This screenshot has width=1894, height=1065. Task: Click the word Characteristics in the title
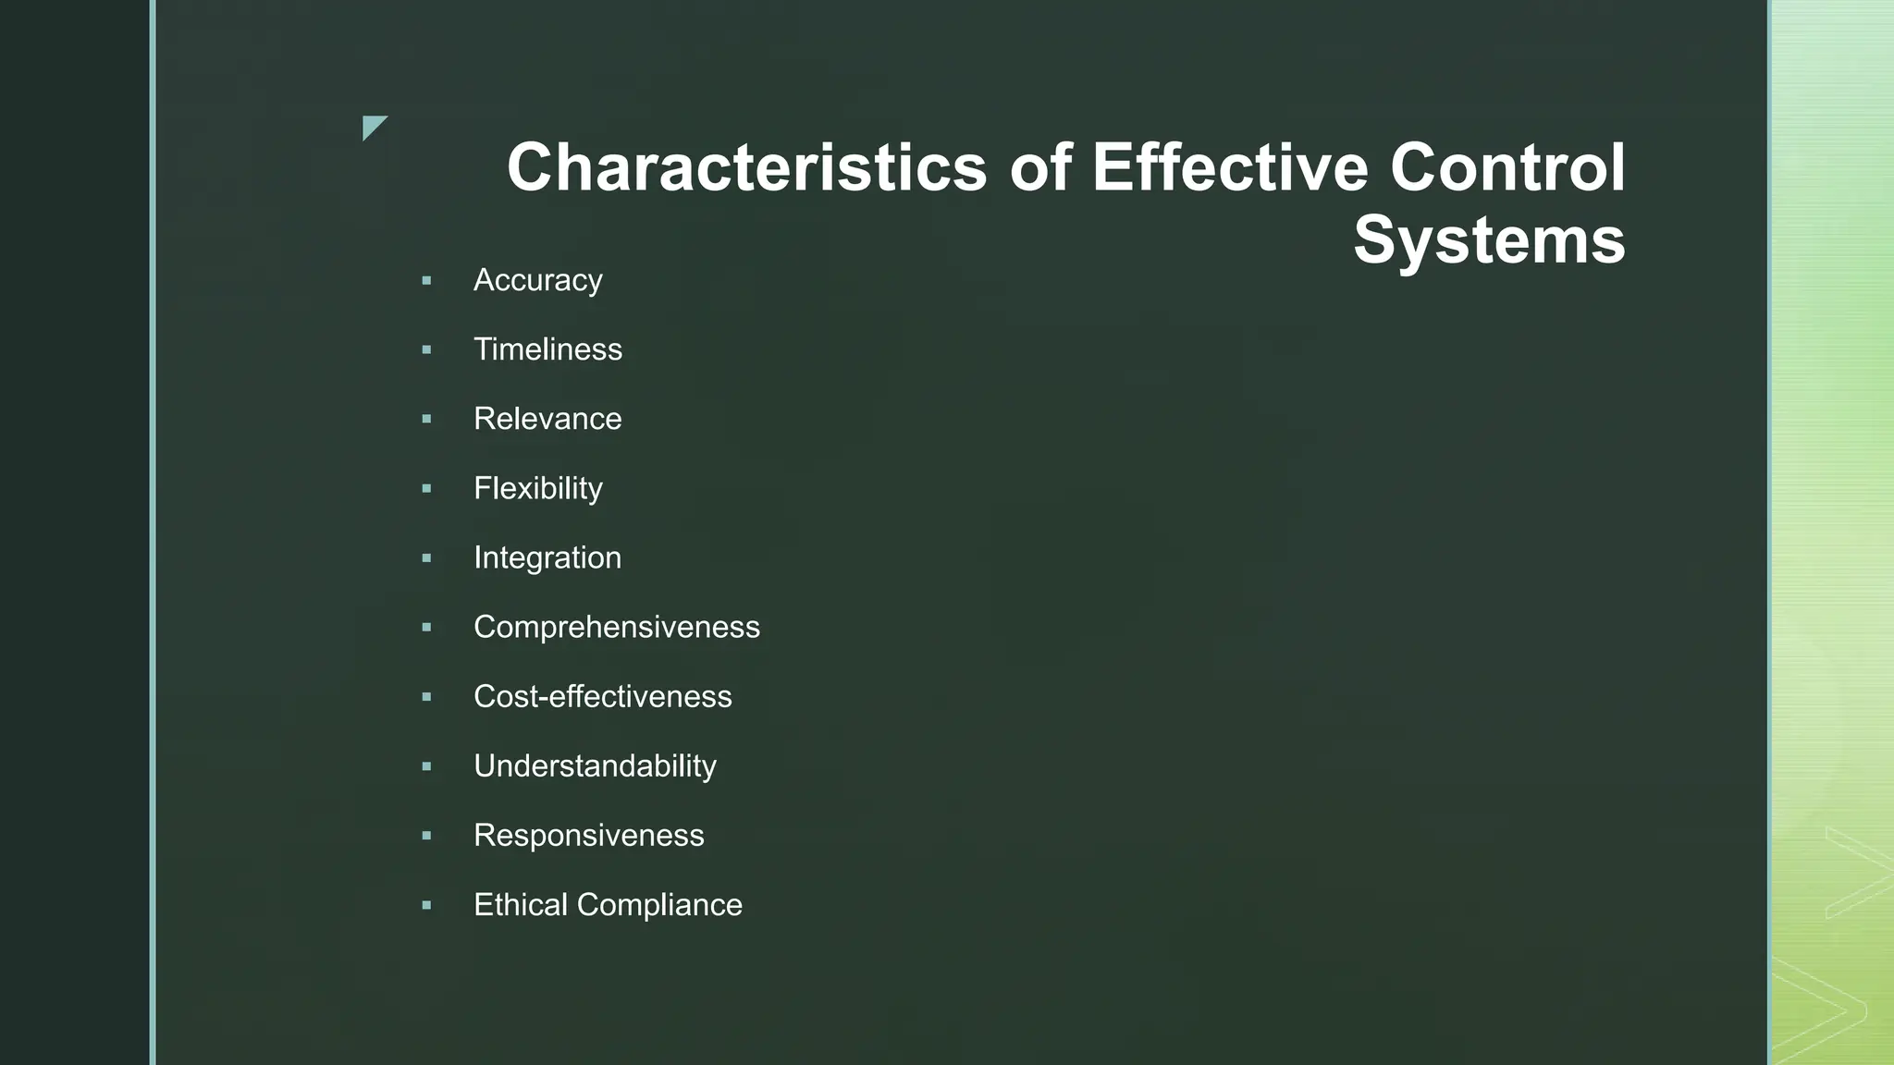[746, 168]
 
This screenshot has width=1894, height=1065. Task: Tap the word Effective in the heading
[1229, 168]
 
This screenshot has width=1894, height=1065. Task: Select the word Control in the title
[1507, 168]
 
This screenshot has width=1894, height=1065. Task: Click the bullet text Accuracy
[537, 280]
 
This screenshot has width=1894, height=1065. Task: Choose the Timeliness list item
[547, 349]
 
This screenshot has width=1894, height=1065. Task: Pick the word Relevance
[547, 419]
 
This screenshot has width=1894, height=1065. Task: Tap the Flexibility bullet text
[537, 488]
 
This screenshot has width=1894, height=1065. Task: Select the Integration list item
[547, 557]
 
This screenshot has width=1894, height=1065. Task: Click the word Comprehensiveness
[616, 627]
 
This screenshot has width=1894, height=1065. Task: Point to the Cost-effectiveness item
[602, 696]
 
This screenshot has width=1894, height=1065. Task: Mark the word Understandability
[595, 765]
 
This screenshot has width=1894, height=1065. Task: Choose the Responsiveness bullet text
[588, 835]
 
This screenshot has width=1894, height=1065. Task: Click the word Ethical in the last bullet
[521, 904]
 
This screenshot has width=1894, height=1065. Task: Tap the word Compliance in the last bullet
[659, 904]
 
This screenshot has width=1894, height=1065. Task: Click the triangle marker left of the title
[372, 126]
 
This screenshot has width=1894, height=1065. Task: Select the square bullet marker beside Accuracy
[426, 280]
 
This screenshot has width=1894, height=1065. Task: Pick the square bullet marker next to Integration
[426, 557]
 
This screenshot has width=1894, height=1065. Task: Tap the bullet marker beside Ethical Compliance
[426, 904]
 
